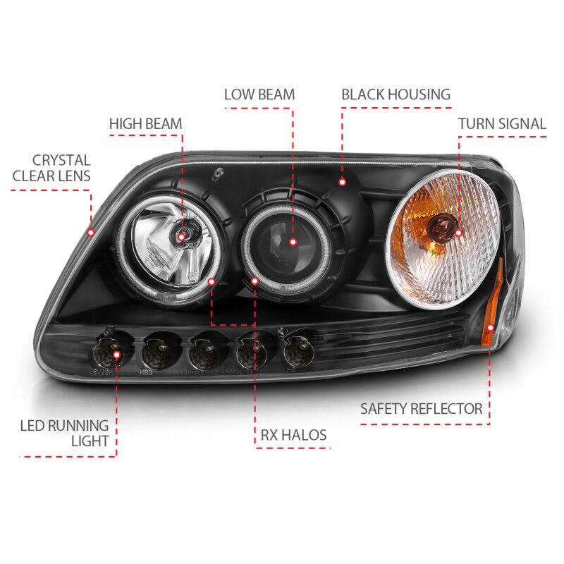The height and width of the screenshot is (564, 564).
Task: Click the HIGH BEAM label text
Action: coord(146,124)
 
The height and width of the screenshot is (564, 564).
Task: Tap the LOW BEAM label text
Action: coord(259,94)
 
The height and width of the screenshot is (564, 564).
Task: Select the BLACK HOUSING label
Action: coord(396,94)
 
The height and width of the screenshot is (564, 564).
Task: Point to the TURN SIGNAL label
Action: coord(502,124)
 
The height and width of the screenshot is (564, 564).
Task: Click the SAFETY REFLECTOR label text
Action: coord(421,409)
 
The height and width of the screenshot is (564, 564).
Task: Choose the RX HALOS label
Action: coord(293,435)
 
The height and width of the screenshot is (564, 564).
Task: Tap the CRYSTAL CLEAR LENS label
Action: coord(51,168)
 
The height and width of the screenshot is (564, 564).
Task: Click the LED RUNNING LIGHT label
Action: coord(64,433)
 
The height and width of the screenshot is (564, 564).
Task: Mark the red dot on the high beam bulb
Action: coord(181,236)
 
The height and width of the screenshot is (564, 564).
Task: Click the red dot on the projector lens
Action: coord(293,242)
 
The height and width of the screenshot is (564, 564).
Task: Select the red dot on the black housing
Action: coord(342,182)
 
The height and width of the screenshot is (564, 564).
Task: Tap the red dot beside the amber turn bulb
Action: coord(458,233)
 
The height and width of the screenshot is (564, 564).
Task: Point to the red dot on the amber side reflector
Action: coord(490,327)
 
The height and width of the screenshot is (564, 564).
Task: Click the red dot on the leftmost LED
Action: coord(116,355)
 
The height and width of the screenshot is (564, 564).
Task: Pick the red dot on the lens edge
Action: coord(91,233)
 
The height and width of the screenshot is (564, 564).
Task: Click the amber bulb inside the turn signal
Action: coord(441,225)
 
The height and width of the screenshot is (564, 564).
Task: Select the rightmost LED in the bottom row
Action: coord(298,352)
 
